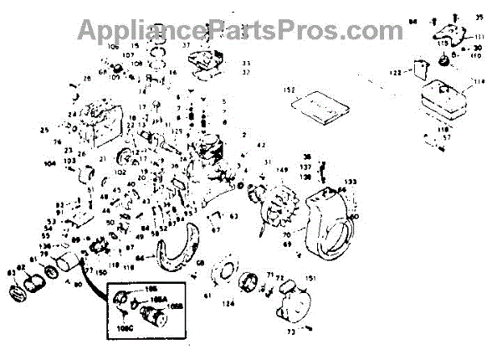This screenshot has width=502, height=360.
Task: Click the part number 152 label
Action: point(291,89)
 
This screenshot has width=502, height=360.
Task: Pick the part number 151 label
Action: point(310,277)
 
